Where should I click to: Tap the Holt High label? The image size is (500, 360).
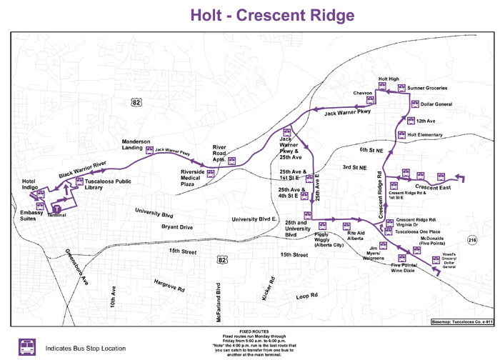[388, 79]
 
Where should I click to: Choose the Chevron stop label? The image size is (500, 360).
[363, 93]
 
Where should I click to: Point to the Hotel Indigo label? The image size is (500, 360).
[34, 184]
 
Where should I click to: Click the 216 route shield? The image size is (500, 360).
[471, 239]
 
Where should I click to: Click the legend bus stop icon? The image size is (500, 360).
[26, 346]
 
